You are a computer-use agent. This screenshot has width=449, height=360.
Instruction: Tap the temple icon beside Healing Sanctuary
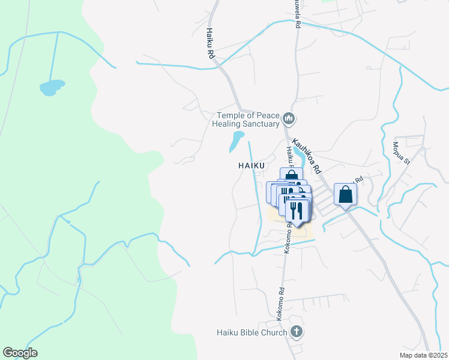[289, 119]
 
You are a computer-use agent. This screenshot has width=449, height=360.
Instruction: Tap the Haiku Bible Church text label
[253, 332]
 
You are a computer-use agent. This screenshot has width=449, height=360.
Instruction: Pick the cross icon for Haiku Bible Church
[295, 331]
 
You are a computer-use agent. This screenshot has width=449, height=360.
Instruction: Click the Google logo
[20, 353]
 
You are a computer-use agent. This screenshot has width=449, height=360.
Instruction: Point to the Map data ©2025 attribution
[423, 355]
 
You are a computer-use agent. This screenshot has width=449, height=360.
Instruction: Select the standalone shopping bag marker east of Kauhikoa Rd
[346, 194]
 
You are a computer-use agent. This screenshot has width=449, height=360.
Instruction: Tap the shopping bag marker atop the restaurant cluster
[291, 176]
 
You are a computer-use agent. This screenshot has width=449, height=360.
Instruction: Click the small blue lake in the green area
[52, 88]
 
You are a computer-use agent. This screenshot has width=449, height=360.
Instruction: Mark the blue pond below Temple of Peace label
[237, 141]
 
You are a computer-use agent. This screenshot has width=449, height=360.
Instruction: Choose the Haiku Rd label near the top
[211, 43]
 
